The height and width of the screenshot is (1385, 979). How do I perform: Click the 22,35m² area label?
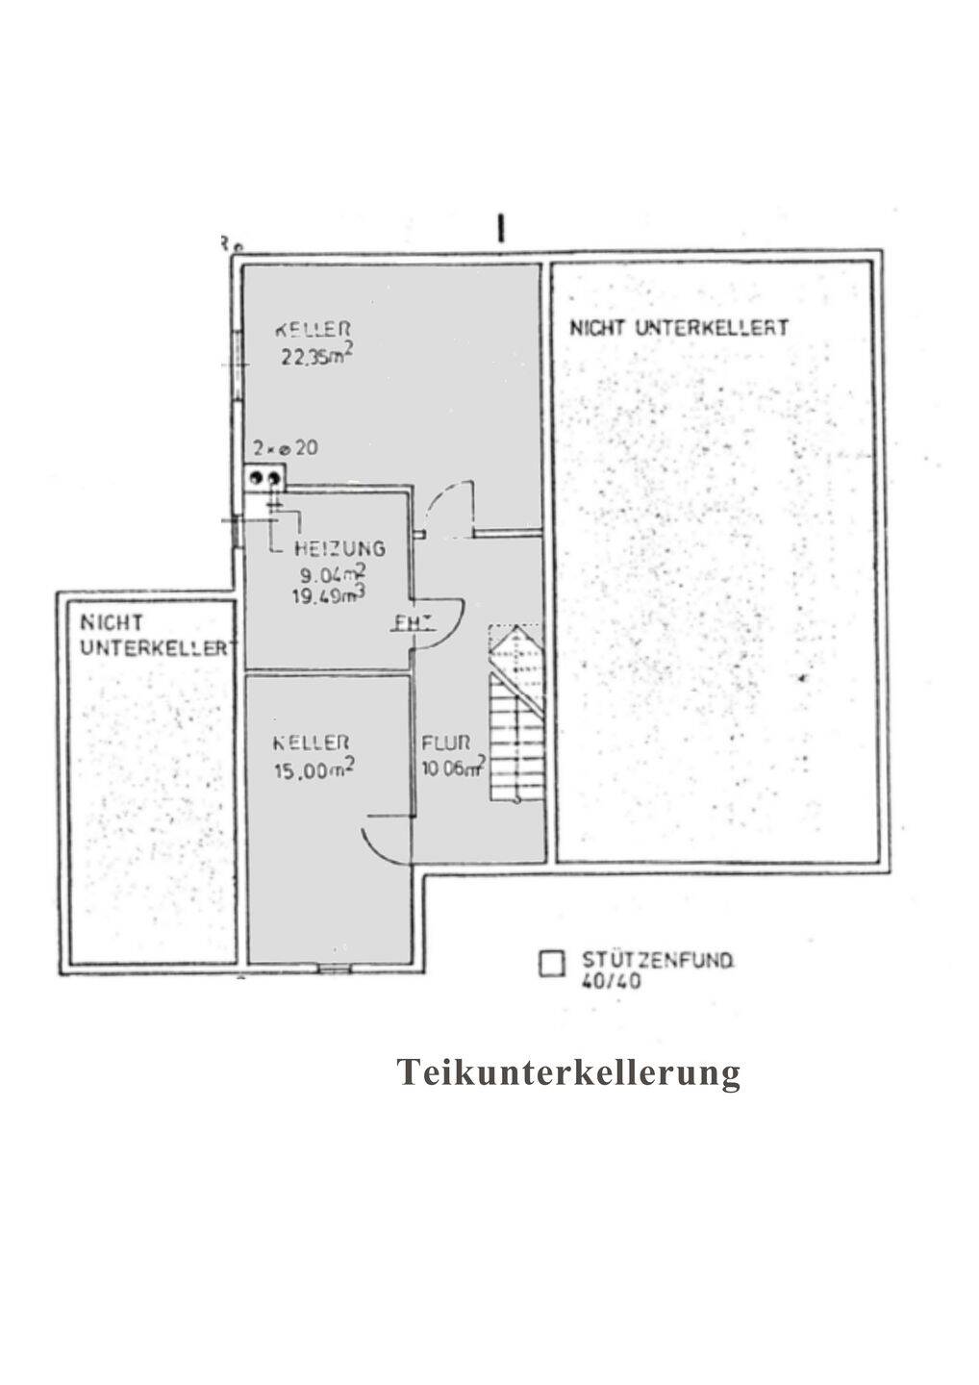[x=315, y=357]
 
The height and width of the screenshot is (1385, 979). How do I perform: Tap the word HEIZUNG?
[x=340, y=548]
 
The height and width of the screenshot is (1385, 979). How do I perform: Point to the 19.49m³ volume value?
[x=332, y=595]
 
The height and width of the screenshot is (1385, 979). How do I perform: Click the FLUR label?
[x=446, y=743]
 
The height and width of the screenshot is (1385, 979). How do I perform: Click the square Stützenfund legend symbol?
[x=552, y=964]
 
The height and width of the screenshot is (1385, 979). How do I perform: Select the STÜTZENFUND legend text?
[x=658, y=959]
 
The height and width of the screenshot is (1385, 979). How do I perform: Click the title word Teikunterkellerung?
[x=568, y=1071]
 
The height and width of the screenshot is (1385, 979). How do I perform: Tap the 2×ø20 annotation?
[x=285, y=448]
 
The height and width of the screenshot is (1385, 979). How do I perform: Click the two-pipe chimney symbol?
[x=264, y=477]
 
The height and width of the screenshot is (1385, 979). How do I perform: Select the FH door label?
[x=409, y=622]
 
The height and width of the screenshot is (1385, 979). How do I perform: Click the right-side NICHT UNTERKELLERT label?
[x=678, y=327]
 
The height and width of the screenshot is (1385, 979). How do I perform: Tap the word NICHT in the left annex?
[x=112, y=623]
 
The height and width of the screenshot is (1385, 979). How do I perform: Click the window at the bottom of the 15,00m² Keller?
[x=334, y=968]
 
